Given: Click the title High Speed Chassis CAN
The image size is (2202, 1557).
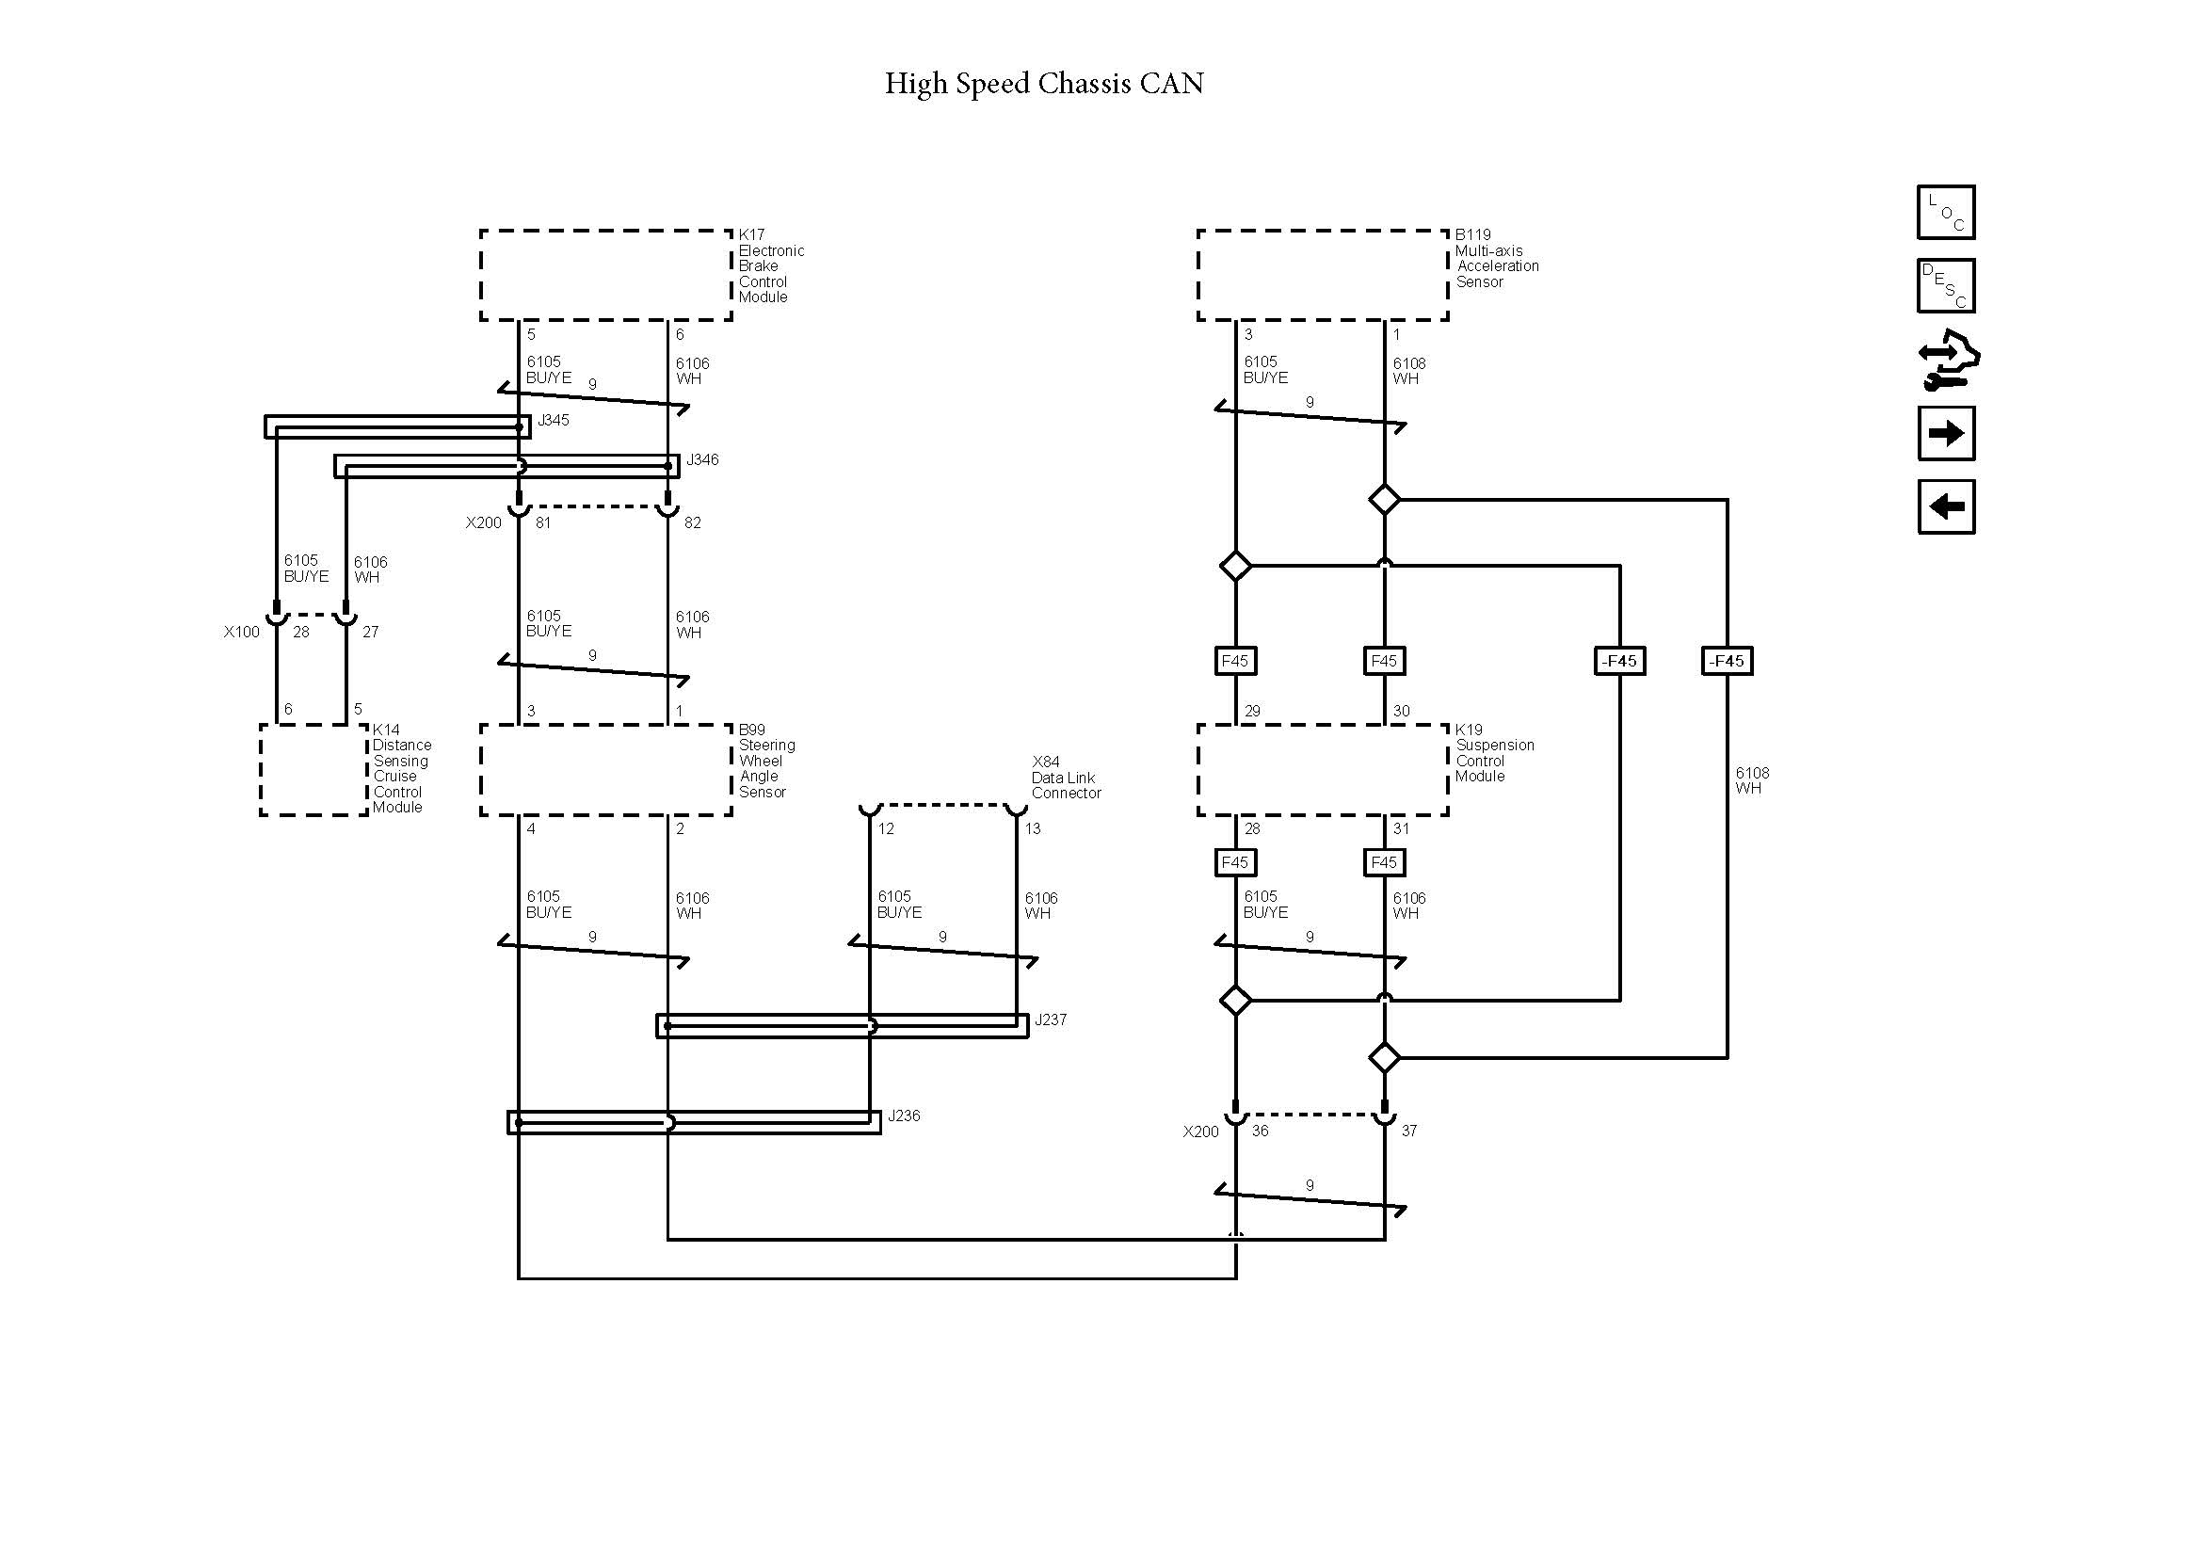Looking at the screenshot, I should click(1043, 84).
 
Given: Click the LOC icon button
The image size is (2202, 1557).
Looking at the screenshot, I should click(1945, 212).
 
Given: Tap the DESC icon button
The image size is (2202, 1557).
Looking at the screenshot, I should click(1945, 286).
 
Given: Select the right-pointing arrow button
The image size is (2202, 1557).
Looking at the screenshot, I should click(1945, 433).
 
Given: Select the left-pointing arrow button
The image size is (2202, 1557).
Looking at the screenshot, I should click(1945, 506).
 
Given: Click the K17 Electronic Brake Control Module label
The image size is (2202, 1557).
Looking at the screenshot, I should click(769, 265).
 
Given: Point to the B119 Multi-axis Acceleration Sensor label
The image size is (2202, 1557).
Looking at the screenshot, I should click(1495, 258).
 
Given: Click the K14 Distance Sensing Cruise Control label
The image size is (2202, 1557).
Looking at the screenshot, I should click(400, 768).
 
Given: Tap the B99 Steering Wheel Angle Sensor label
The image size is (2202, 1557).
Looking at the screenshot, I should click(765, 761).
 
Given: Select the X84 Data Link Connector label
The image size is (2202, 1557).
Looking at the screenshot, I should click(1065, 778).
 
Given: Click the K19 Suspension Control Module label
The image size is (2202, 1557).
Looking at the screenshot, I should click(1493, 753).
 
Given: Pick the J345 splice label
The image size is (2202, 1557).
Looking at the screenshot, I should click(554, 420).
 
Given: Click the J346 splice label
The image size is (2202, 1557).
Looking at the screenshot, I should click(702, 459).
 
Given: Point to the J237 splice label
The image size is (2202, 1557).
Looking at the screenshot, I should click(1051, 1019).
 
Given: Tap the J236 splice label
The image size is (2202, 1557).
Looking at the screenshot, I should click(904, 1115).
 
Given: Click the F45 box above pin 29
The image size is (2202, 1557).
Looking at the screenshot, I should click(1234, 661).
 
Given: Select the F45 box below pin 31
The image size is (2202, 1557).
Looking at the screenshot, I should click(1383, 862).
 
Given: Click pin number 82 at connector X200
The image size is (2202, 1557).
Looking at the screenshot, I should click(693, 522).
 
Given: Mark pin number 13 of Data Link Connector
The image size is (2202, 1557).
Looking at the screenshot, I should click(1033, 828).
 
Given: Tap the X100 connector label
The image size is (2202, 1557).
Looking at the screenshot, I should click(242, 632).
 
